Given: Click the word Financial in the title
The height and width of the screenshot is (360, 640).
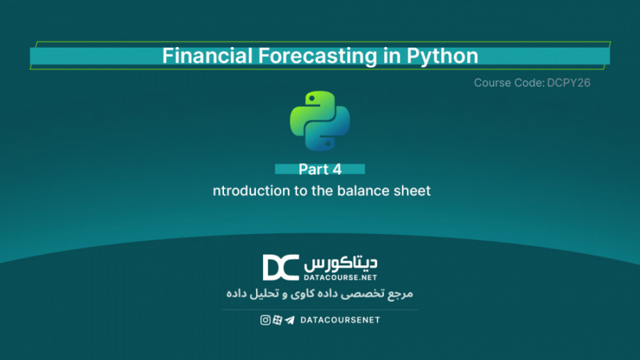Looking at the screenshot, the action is (208, 55).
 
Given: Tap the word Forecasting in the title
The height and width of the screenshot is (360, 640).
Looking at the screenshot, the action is (318, 56).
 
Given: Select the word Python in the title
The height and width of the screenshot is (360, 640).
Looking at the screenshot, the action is (442, 56).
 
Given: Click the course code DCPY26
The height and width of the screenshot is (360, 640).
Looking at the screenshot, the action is (569, 83).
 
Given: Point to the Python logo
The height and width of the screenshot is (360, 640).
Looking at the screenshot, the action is (320, 121).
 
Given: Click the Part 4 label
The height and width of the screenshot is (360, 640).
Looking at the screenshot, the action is (320, 169).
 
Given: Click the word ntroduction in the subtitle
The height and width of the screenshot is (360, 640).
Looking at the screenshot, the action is (251, 191).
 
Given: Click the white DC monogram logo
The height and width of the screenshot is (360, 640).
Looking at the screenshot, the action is (281, 268).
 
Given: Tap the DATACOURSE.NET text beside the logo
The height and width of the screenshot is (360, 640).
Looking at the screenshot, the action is (340, 277).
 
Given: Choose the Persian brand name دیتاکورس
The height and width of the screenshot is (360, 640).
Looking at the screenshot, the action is (341, 264).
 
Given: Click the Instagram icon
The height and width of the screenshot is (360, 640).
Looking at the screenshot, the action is (265, 320).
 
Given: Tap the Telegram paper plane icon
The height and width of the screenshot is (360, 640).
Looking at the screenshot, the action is (289, 320).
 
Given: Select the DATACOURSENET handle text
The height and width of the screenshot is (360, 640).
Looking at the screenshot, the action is (340, 320).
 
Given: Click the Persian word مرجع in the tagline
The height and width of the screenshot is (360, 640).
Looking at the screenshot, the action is (400, 293).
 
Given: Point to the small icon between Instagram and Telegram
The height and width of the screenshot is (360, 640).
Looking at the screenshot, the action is (277, 320).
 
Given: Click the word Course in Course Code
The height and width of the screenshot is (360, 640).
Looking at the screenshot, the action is (488, 83).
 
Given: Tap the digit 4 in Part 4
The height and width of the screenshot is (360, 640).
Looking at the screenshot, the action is (337, 169).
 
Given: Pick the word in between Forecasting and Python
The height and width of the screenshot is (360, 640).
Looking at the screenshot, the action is (392, 56).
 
